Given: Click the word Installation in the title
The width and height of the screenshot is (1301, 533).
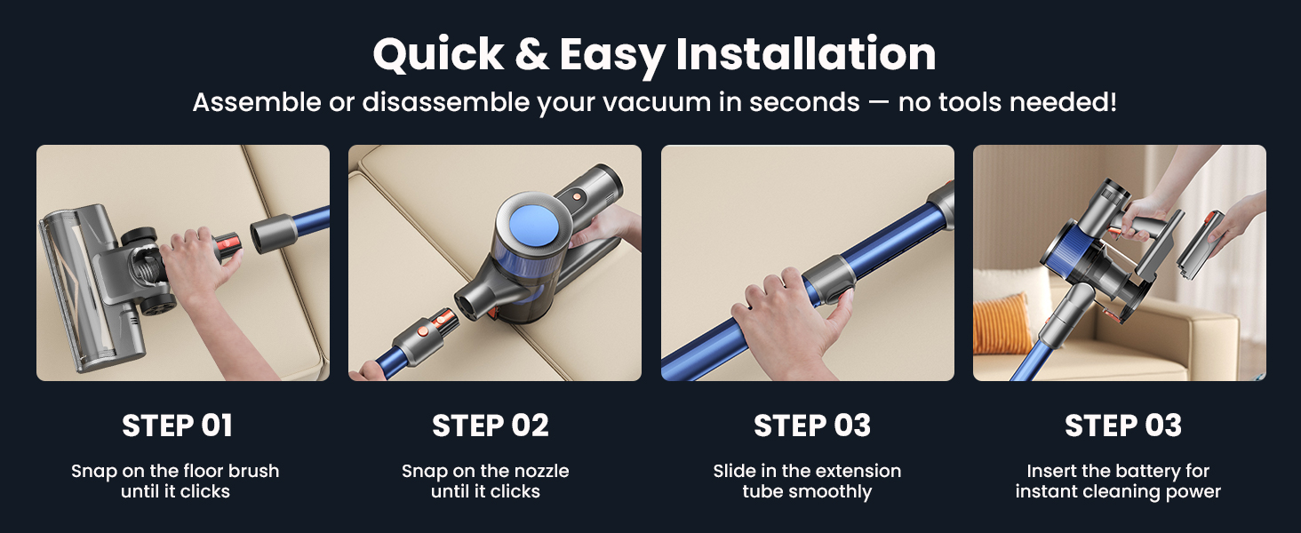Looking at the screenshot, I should pos(805,55).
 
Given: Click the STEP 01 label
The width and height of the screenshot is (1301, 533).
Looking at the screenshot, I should pos(177,426).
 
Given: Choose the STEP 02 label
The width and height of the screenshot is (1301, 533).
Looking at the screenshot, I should pos(490,426).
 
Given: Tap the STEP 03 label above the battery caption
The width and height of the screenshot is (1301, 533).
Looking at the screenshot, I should pos(1122,426).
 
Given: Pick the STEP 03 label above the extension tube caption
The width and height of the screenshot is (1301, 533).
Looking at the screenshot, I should pos(811,426).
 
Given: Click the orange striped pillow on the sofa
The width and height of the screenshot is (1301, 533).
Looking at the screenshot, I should pos(1002,323).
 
